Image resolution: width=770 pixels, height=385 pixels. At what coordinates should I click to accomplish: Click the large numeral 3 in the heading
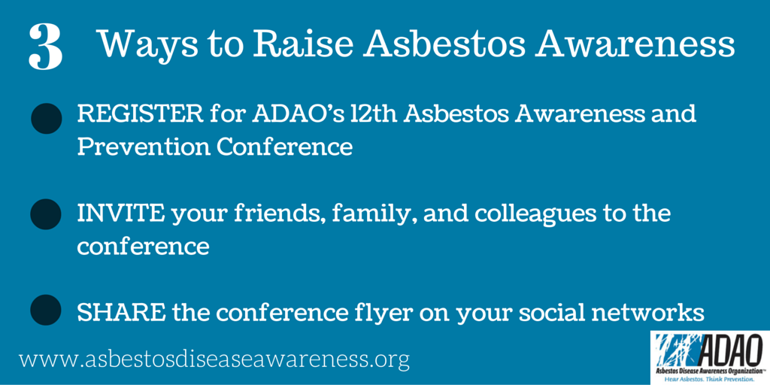[x=46, y=47]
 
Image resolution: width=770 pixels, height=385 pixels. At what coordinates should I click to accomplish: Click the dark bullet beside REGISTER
[x=46, y=119]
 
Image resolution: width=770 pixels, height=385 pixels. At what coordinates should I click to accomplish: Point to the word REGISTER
[x=139, y=115]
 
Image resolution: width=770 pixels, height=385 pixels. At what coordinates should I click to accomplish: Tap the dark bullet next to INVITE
[x=46, y=214]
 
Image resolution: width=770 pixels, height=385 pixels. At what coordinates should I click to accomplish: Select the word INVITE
[x=120, y=214]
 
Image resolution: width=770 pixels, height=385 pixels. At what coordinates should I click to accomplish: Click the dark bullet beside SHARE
[x=46, y=310]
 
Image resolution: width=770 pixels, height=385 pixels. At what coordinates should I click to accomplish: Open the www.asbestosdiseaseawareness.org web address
[x=214, y=360]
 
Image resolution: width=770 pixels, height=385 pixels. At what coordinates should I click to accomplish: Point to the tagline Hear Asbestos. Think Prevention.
[x=709, y=379]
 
